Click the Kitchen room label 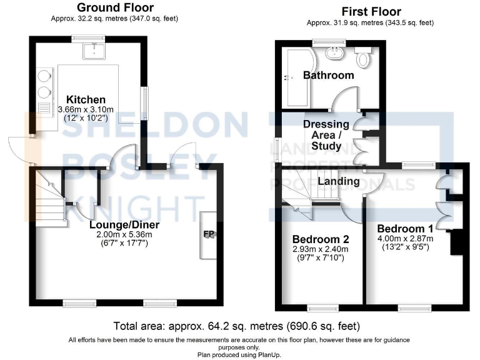[86, 99]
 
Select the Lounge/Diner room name [124, 225]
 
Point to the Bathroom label [328, 75]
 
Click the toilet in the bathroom [363, 58]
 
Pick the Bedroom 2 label [321, 240]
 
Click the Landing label [338, 181]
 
